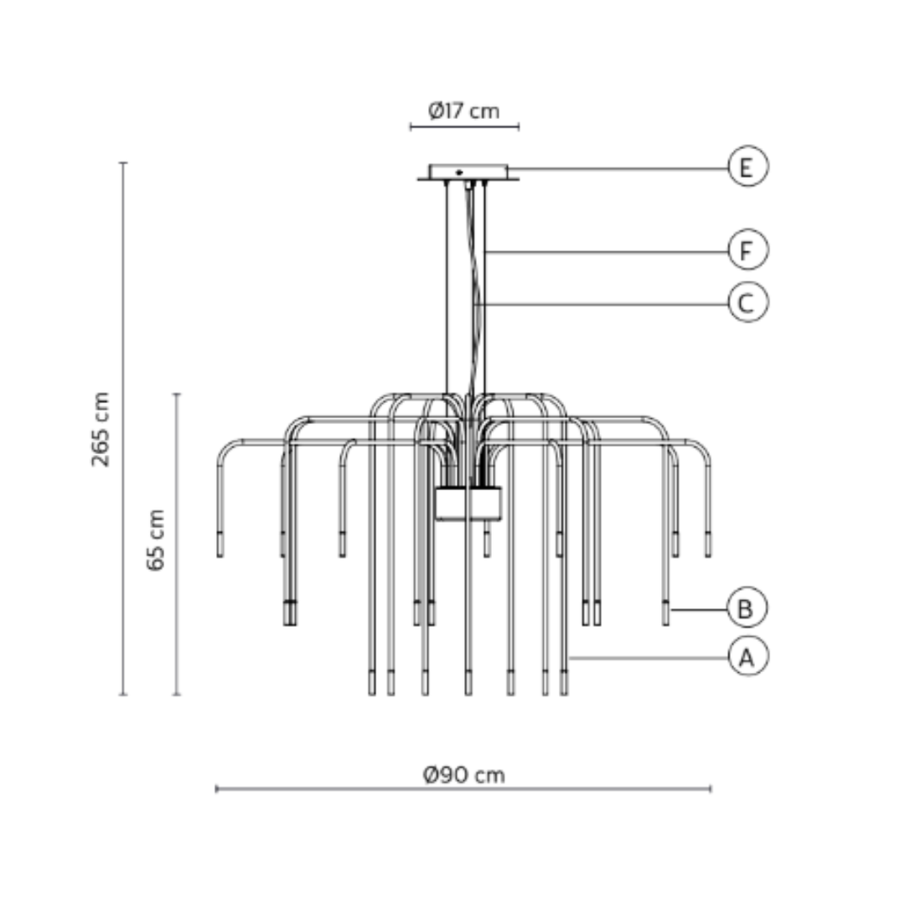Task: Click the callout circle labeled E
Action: pos(747,167)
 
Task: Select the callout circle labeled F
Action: pos(747,251)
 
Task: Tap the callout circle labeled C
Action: pos(747,303)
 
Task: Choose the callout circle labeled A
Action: pos(747,657)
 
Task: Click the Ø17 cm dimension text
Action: pos(463,111)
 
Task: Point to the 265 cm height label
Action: pos(101,429)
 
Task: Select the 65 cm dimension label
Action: pos(156,540)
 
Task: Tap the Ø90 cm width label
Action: pos(463,774)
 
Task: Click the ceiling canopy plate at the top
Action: pos(468,173)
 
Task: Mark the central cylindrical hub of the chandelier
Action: pos(468,504)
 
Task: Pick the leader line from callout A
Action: pos(645,659)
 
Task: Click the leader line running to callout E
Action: pos(620,168)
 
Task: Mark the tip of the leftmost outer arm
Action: pos(220,546)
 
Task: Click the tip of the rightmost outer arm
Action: pos(708,546)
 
